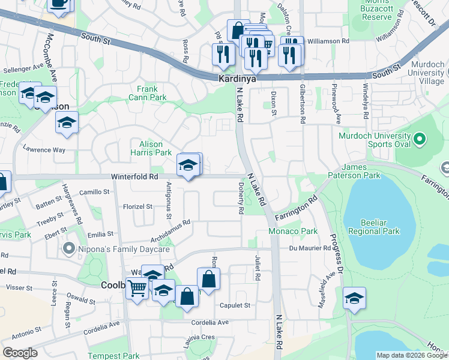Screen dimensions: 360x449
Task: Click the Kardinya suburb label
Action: pos(235,79)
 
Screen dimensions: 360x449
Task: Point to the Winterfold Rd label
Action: pos(133,177)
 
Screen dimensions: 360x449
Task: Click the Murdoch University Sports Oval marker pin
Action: pos(420,140)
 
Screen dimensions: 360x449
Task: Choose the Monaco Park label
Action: pos(297,231)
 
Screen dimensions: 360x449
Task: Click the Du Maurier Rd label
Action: pos(310,248)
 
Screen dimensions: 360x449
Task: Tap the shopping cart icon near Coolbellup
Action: pos(137,290)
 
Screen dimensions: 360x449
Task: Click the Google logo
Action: pos(20,353)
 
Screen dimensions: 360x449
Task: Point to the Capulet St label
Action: pos(234,305)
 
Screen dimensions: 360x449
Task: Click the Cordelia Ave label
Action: pos(210,322)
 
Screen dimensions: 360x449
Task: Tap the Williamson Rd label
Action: pos(328,41)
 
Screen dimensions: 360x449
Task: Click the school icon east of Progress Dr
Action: pos(354,298)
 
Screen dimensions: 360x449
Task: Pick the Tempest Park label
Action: pos(113,356)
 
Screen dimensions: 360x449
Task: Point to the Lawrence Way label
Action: pos(44,149)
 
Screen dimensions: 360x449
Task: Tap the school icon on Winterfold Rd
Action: pos(188,166)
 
